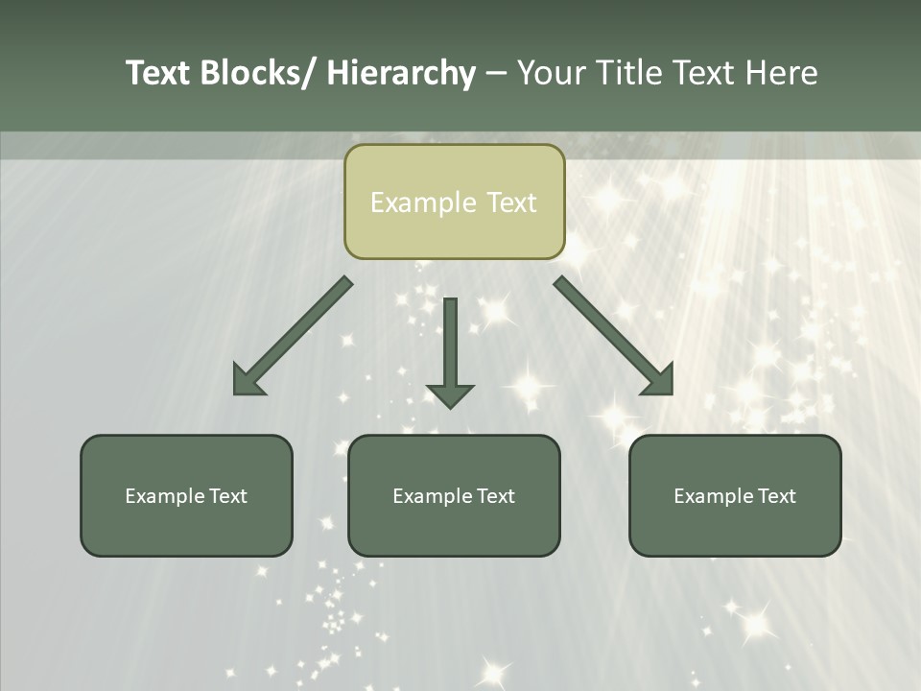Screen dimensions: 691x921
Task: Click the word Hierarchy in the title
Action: (x=401, y=73)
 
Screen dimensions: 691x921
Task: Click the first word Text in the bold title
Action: (x=159, y=73)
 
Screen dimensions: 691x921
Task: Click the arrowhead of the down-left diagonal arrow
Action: (x=248, y=381)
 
